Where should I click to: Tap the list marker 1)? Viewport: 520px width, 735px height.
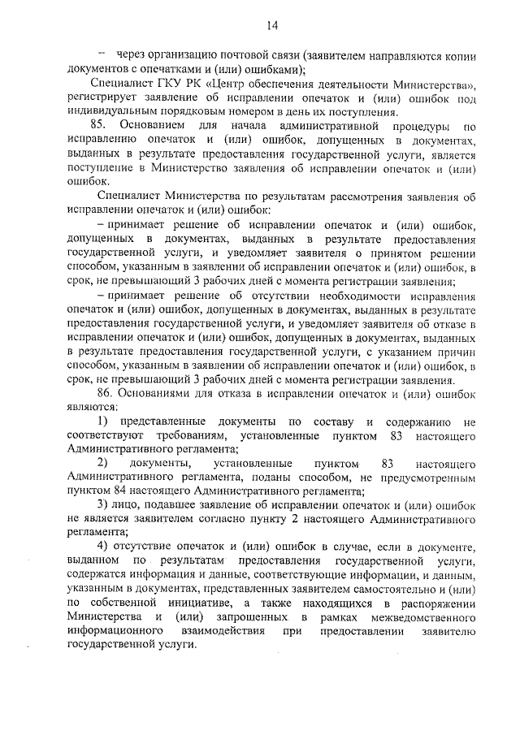point(103,422)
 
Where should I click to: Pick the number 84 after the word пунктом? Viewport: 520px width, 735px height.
point(128,491)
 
